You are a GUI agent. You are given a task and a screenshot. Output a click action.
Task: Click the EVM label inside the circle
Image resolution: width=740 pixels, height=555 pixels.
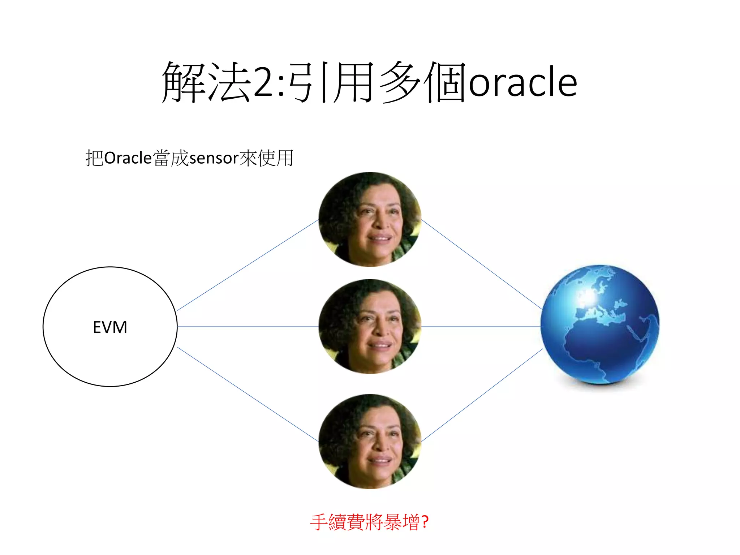click(110, 327)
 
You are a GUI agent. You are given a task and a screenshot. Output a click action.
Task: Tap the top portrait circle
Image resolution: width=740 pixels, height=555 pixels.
click(370, 219)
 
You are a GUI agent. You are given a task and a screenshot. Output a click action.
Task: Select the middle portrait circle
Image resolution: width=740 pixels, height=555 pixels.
click(370, 327)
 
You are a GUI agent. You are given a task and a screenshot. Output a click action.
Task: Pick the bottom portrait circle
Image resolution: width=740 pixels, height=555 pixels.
click(370, 441)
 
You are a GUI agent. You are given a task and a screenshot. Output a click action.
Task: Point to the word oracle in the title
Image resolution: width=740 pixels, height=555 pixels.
click(522, 83)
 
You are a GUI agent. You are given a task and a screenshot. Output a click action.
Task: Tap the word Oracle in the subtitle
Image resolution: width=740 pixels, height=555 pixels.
click(128, 158)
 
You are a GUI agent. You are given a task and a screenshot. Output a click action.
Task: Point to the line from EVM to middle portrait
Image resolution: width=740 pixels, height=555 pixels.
click(248, 327)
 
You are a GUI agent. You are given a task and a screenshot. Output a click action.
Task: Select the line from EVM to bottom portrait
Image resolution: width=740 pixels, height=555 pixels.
click(248, 394)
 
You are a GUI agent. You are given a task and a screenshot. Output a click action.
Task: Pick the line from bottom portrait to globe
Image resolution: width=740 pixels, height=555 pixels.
click(482, 395)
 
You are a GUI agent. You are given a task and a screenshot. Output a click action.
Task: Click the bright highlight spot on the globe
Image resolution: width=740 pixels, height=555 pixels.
click(588, 297)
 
